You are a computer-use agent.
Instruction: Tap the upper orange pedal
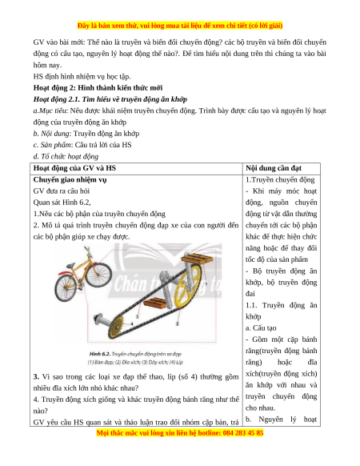click(x=198, y=258)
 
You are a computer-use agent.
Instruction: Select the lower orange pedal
click(x=154, y=303)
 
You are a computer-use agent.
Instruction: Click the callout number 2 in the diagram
click(x=178, y=323)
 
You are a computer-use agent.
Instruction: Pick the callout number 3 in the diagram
click(x=138, y=316)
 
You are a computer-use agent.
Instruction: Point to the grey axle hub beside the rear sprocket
click(x=101, y=320)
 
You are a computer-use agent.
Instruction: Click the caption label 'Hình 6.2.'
click(x=100, y=354)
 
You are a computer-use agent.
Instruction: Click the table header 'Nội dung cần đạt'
click(x=274, y=168)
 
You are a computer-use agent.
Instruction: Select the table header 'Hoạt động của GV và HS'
click(x=74, y=168)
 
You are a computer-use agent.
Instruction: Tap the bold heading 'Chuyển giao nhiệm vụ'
click(x=70, y=180)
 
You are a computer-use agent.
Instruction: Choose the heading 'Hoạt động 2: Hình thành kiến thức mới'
click(x=98, y=88)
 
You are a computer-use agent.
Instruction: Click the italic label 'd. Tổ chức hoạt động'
click(x=66, y=156)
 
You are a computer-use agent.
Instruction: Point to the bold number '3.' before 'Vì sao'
click(x=36, y=377)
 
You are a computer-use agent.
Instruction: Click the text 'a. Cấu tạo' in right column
click(x=261, y=328)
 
